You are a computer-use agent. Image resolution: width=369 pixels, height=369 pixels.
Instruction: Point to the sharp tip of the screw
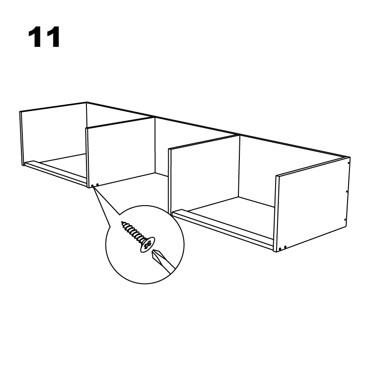pos(122,224)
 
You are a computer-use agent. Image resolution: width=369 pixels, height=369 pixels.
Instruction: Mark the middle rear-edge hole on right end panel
pos(347,190)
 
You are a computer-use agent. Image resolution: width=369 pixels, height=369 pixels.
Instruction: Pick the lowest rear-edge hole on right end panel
pos(345,219)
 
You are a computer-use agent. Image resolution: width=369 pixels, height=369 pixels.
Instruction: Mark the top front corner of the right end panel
pos(277,176)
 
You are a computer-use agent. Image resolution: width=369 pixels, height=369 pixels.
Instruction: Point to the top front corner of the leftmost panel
pos(21,112)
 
